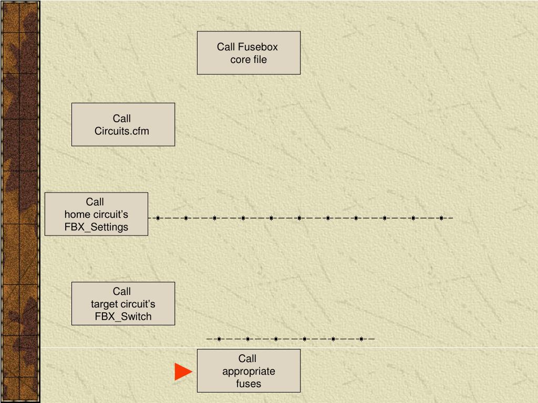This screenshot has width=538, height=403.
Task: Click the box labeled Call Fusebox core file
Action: click(249, 52)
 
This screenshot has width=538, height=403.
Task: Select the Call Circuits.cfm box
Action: click(123, 124)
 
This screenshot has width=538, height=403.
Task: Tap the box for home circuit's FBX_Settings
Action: click(96, 214)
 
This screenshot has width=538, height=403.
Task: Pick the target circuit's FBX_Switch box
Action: click(123, 303)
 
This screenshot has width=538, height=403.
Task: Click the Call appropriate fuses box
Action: click(249, 370)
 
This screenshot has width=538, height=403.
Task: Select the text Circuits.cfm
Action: click(122, 131)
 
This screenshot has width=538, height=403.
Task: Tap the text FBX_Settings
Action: click(96, 227)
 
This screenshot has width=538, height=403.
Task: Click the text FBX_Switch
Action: click(123, 316)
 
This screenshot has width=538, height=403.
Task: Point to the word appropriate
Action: click(249, 372)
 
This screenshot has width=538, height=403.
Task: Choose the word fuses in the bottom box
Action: click(249, 384)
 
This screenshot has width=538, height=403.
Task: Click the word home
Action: click(77, 214)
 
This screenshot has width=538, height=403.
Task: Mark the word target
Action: click(105, 304)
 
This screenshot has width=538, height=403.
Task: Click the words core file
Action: click(249, 59)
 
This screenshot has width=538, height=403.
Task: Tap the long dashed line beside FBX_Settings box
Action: click(299, 218)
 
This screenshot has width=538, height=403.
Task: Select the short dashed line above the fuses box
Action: click(290, 338)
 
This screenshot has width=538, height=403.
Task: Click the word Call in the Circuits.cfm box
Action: click(122, 119)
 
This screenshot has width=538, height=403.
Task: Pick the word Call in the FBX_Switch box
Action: click(122, 291)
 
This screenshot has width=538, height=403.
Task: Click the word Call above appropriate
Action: click(247, 358)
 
